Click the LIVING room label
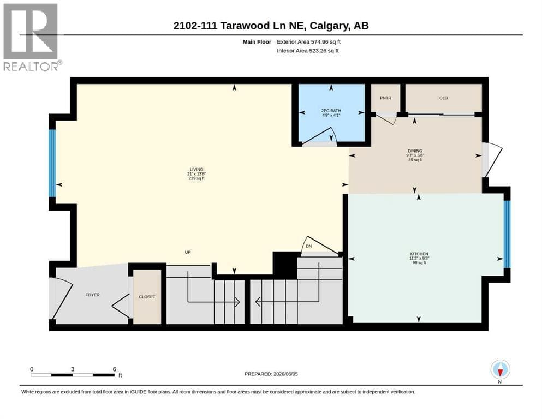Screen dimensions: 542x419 pyautogui.click(x=196, y=169)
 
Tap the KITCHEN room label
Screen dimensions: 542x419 pyautogui.click(x=419, y=254)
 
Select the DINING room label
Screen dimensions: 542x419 pyautogui.click(x=415, y=151)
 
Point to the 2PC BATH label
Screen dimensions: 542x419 pyautogui.click(x=331, y=111)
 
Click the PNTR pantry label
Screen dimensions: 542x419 pyautogui.click(x=385, y=98)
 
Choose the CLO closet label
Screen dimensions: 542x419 pyautogui.click(x=444, y=98)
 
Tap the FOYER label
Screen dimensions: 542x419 pyautogui.click(x=92, y=295)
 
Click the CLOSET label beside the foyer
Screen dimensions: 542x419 pyautogui.click(x=147, y=297)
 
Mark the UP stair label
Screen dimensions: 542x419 pyautogui.click(x=188, y=252)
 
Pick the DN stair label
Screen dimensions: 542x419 pyautogui.click(x=309, y=246)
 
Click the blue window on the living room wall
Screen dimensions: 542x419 pyautogui.click(x=52, y=163)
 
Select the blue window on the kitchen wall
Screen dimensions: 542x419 pyautogui.click(x=507, y=234)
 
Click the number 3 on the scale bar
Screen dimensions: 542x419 pyautogui.click(x=73, y=369)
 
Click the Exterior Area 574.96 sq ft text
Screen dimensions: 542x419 pyautogui.click(x=309, y=42)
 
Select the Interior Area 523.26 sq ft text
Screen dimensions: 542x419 pyautogui.click(x=308, y=51)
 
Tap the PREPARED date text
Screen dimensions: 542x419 pyautogui.click(x=271, y=374)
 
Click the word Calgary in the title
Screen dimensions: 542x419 pyautogui.click(x=329, y=26)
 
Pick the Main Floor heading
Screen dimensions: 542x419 pyautogui.click(x=257, y=42)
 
